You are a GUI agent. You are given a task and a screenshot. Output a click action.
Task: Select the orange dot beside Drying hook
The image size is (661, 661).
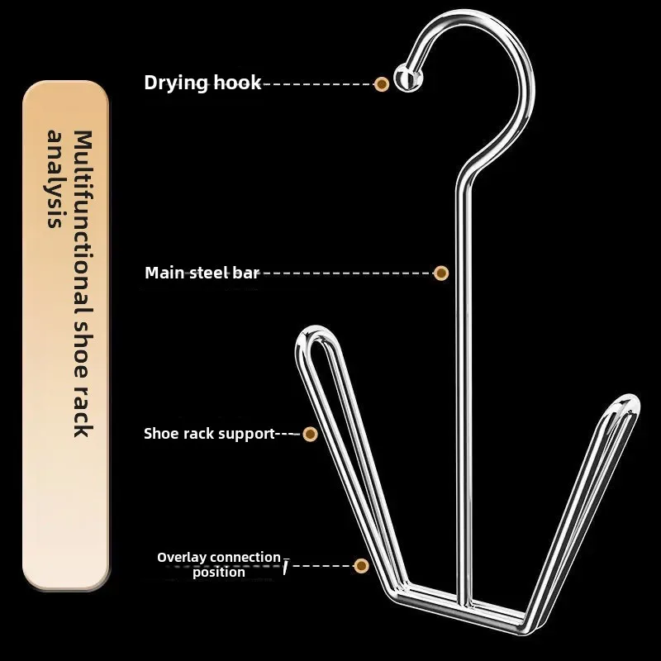pos(382,83)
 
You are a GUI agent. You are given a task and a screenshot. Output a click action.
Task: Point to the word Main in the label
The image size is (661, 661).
pos(164,273)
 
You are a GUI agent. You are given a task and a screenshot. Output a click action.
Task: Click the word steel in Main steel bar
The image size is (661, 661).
pos(205,273)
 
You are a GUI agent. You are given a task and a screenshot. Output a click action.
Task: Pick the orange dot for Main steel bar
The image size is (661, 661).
pos(441,273)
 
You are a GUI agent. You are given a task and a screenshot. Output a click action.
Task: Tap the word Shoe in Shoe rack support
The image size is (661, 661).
pos(160,434)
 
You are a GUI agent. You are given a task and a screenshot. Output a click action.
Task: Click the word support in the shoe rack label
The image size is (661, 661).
pos(246,434)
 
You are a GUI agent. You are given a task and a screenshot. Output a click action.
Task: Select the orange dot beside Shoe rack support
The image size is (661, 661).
pos(310,434)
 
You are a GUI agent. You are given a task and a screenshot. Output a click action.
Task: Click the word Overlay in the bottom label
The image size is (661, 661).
pos(182,558)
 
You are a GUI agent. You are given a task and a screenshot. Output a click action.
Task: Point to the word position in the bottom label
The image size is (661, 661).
pos(219,572)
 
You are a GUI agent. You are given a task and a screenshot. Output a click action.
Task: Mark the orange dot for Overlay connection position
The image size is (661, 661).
pos(361,566)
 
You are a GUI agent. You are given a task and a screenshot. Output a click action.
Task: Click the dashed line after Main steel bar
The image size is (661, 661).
pos(347,273)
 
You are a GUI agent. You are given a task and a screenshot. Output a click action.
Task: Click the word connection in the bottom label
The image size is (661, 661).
pos(249,558)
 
